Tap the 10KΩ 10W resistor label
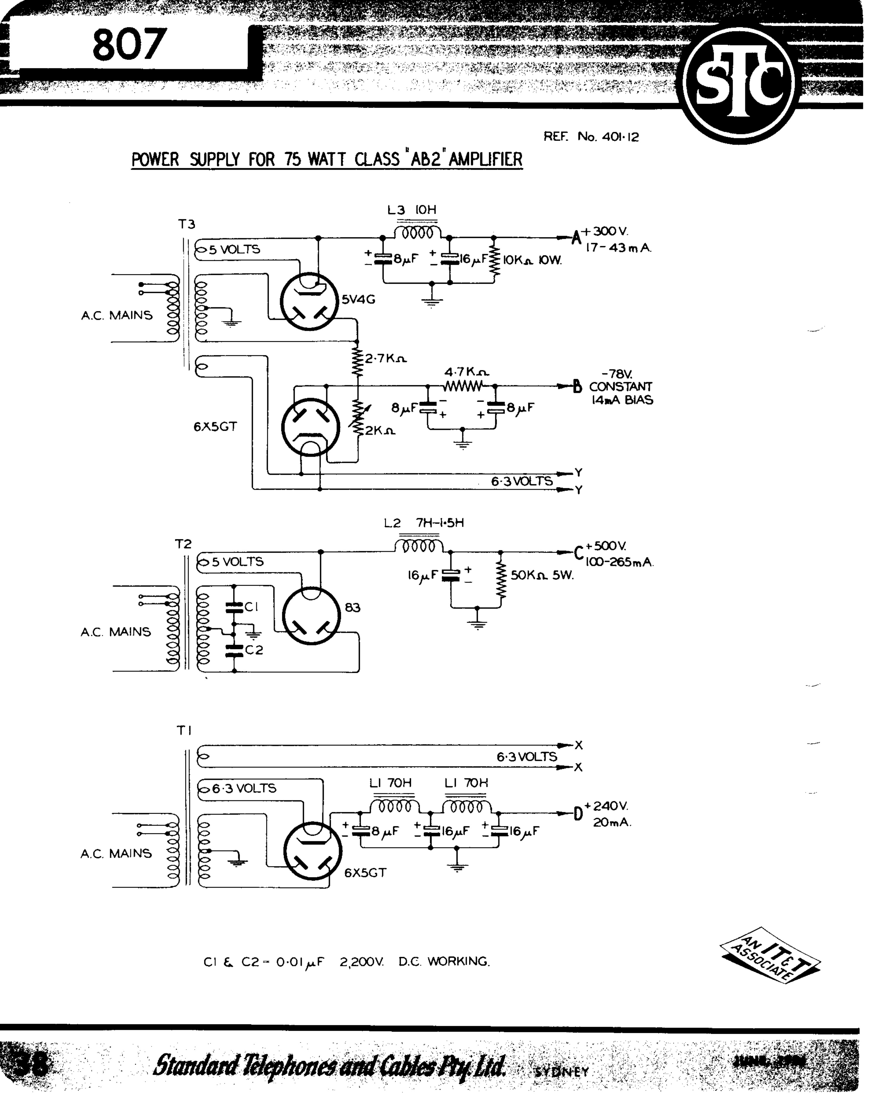click(532, 260)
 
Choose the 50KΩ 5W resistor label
click(542, 575)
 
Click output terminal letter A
click(576, 238)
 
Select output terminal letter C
click(578, 553)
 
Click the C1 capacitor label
click(251, 607)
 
